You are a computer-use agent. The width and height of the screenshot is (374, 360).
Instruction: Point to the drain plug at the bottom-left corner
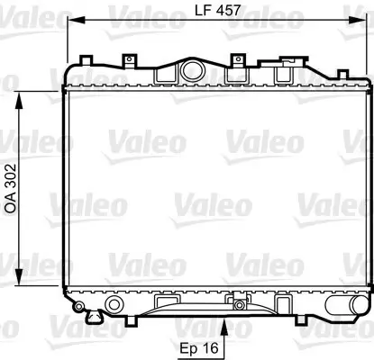(78, 310)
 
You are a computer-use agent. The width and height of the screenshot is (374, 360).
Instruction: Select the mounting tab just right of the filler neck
(239, 60)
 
